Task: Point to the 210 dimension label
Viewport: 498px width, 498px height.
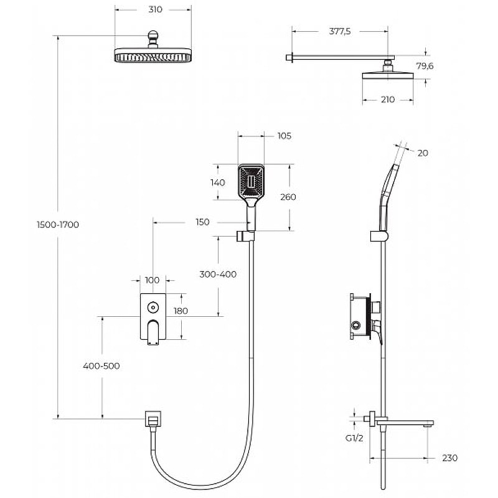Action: coord(387,100)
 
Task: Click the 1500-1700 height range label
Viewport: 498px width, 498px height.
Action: coord(58,225)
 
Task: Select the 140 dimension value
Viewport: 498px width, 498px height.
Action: coord(217,182)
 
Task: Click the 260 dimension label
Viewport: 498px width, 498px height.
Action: coord(288,197)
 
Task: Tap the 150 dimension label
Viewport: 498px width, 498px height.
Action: coord(201,222)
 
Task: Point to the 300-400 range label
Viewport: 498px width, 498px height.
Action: coord(218,275)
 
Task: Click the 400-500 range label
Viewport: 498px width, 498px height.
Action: coord(101,366)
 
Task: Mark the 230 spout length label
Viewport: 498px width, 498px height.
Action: coord(450,458)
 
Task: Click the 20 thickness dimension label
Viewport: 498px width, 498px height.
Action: coord(423,153)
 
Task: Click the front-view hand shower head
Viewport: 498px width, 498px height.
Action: coord(251,182)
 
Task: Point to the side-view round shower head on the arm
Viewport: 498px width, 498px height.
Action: coord(388,75)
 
